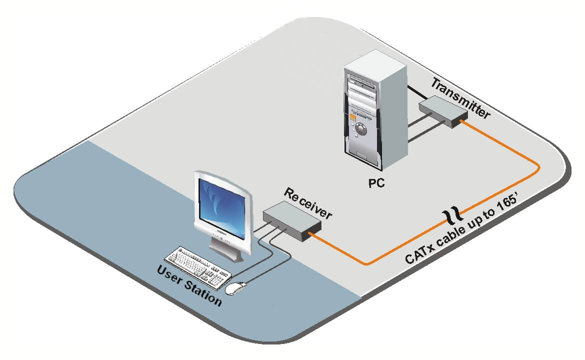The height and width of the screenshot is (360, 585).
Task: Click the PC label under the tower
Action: coord(376,182)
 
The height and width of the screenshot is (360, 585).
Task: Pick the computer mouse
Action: coord(236,288)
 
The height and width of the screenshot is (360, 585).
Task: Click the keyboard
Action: coord(198,266)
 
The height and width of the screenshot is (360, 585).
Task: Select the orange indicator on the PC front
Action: coord(352,118)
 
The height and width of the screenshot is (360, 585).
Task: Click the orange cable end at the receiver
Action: coord(312,232)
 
